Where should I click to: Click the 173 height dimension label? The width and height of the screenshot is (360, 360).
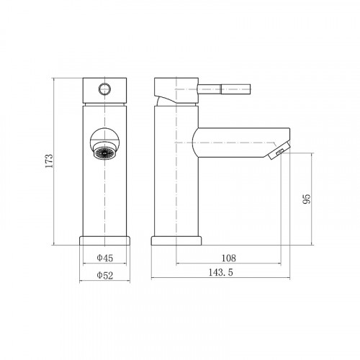click(49, 161)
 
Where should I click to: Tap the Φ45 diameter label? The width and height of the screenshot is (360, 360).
click(104, 258)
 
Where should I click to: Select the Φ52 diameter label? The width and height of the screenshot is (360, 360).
click(104, 275)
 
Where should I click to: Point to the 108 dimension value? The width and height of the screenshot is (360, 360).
click(228, 258)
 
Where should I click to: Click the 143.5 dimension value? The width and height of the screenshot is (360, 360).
click(220, 272)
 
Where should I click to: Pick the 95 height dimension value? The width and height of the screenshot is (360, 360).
click(307, 199)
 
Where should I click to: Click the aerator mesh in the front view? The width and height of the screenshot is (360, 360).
click(104, 153)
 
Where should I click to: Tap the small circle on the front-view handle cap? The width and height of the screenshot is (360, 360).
click(104, 89)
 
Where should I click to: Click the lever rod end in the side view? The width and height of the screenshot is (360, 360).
click(236, 89)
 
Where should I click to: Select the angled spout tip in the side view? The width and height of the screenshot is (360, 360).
click(279, 150)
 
